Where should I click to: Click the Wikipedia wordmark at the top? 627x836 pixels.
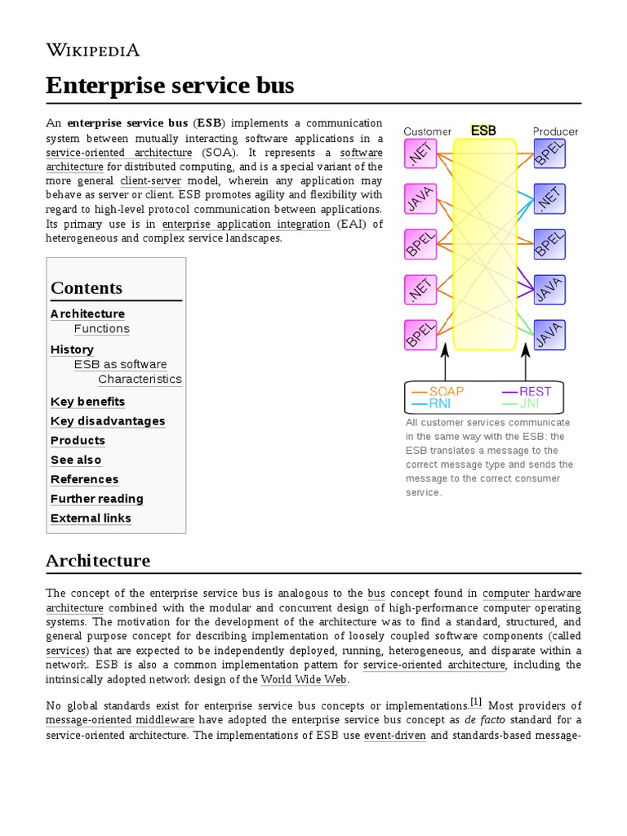(x=92, y=51)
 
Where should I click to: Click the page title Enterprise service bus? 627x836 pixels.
(x=170, y=85)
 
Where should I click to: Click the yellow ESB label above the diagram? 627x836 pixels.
(x=483, y=131)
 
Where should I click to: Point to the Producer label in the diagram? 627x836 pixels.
(x=555, y=131)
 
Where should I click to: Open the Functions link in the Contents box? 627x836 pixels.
(x=101, y=329)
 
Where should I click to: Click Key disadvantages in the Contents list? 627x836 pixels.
(x=108, y=421)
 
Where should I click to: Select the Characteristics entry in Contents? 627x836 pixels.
(x=140, y=380)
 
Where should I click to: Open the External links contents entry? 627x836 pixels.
(x=91, y=518)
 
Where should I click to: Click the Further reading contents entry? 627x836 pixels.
(x=96, y=499)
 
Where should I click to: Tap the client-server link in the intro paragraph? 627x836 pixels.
(x=150, y=180)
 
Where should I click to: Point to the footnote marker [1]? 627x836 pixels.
(x=476, y=702)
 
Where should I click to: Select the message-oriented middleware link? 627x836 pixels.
(x=120, y=720)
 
